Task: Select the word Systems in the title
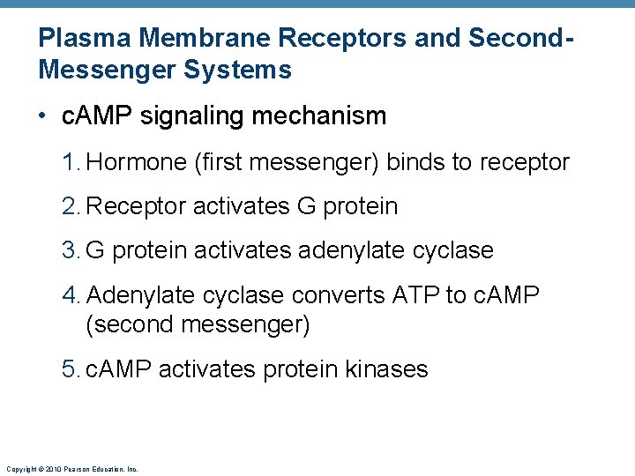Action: (x=238, y=70)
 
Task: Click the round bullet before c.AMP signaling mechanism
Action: (x=44, y=116)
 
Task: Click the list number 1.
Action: (x=70, y=162)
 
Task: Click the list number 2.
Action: (x=70, y=206)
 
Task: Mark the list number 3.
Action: (x=70, y=250)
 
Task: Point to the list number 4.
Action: (x=70, y=294)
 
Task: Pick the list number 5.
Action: (x=70, y=368)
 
